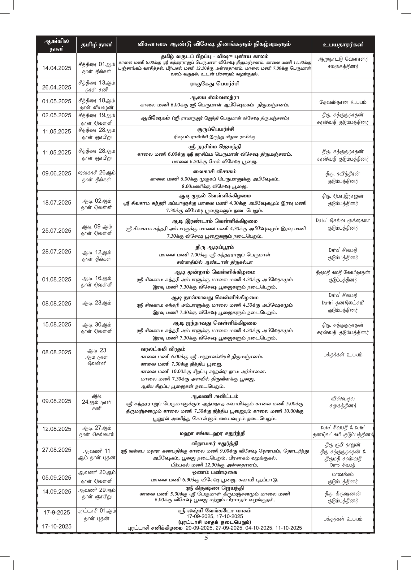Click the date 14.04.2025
coord(57,68)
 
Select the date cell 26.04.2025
coord(57,87)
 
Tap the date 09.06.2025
coord(57,173)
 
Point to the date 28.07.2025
coord(57,251)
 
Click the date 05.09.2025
coord(57,477)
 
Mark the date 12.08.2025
coord(57,429)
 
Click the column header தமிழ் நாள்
coord(97,45)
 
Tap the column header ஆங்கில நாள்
coord(56,45)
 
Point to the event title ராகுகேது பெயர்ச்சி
coord(214,84)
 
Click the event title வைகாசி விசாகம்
coord(214,171)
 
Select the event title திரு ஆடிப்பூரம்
coord(214,248)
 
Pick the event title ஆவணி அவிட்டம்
coord(214,396)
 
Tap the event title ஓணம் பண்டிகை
coord(214,473)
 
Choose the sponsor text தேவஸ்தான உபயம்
coord(343,102)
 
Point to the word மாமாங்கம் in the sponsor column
coord(343,474)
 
